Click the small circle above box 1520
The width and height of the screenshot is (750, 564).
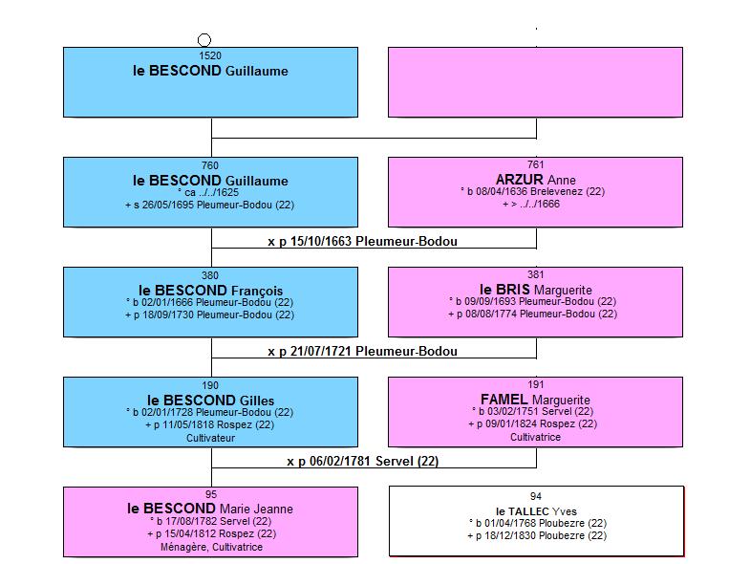click(204, 40)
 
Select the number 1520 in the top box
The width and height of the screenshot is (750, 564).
click(210, 55)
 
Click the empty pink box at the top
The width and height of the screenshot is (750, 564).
click(535, 82)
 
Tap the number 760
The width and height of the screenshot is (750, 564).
click(210, 165)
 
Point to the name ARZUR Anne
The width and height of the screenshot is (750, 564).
click(536, 180)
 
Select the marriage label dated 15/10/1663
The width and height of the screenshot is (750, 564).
click(362, 241)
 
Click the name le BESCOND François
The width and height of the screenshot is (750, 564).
click(210, 291)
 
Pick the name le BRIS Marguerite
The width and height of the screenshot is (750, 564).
click(536, 290)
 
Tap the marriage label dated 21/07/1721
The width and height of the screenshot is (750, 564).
click(362, 352)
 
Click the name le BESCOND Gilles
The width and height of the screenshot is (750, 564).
click(210, 401)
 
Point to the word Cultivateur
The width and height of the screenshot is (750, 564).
click(210, 438)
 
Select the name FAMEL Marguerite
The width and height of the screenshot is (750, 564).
click(535, 400)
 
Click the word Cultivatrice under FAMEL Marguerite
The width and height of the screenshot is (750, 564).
click(535, 437)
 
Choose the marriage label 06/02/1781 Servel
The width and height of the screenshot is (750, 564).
click(362, 461)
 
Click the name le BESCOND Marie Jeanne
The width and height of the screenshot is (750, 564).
click(210, 509)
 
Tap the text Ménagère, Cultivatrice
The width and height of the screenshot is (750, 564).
click(211, 547)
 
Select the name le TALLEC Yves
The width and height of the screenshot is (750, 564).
click(536, 511)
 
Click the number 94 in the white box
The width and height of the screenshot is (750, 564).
click(536, 496)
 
